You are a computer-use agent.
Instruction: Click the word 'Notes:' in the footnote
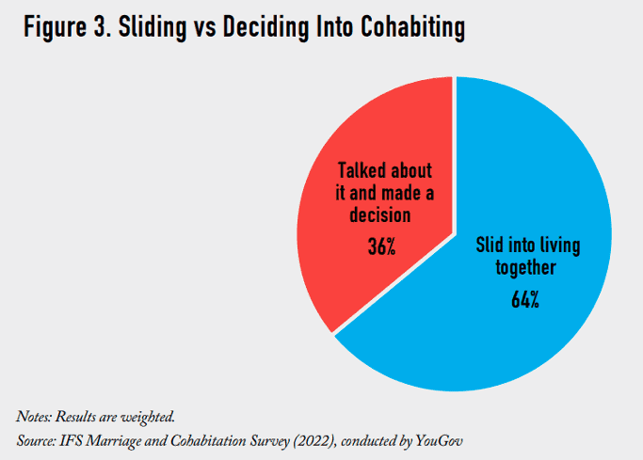click(34, 417)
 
